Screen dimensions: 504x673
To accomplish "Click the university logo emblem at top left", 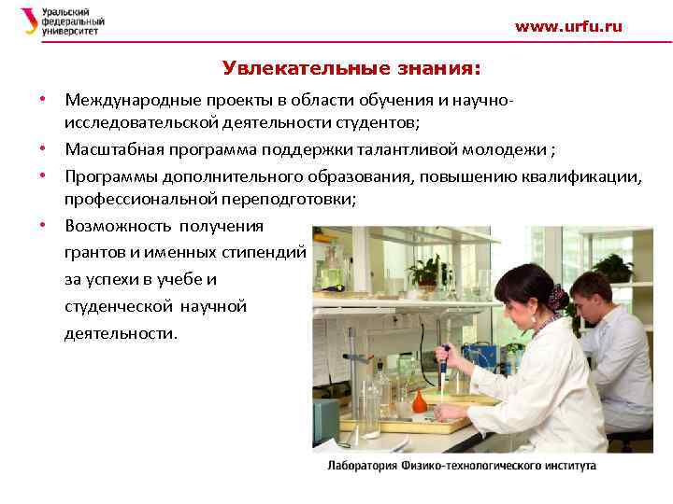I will tap(29, 21).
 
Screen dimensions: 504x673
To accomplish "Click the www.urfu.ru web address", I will tap(567, 27).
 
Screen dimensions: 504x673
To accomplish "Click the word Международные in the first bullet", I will tap(124, 98).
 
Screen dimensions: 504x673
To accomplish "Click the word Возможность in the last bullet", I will tap(112, 226).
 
